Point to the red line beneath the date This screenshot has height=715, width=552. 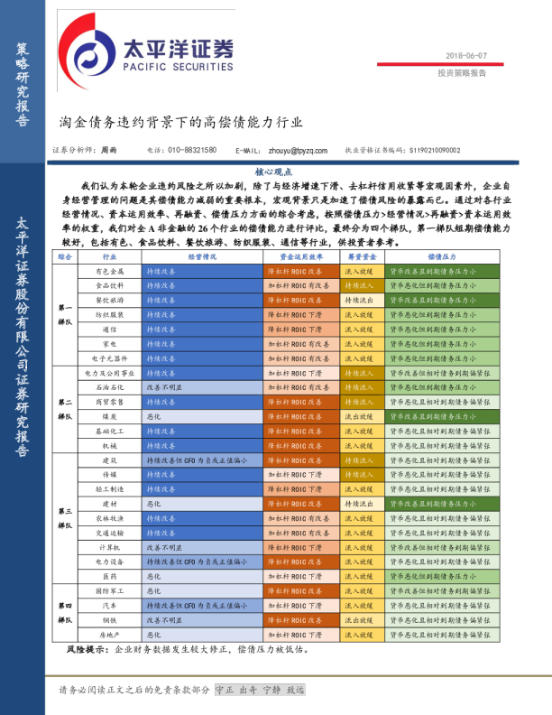[x=440, y=64]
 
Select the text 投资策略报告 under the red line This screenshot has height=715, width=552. [x=462, y=73]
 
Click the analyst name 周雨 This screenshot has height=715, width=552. [x=108, y=150]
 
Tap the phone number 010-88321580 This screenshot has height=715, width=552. [x=192, y=150]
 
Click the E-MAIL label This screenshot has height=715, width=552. [x=247, y=151]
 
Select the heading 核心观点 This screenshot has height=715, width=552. [x=273, y=172]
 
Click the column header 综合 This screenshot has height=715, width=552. [x=65, y=256]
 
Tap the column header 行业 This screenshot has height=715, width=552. [x=110, y=256]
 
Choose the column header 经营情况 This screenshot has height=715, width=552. [x=202, y=256]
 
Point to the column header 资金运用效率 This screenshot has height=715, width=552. [x=300, y=256]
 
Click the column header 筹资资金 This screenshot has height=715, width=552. [x=362, y=256]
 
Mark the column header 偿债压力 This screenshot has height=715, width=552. [x=442, y=256]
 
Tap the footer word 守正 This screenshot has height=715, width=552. [x=225, y=690]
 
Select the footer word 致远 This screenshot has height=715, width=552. [x=296, y=690]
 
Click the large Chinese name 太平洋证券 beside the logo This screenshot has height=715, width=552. [x=178, y=46]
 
